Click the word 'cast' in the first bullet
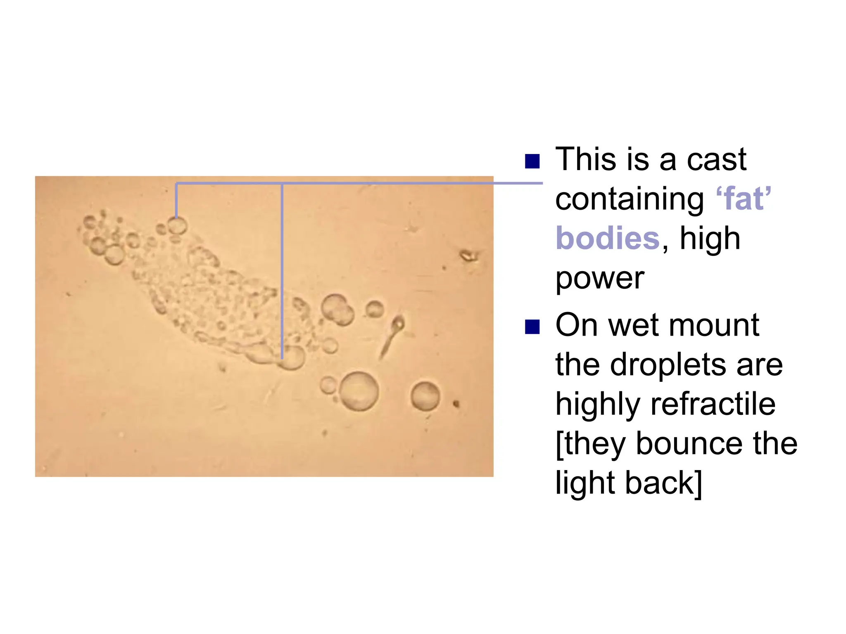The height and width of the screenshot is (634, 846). point(716,159)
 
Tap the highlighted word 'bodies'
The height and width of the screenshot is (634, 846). point(608,238)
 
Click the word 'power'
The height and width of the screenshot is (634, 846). point(600,279)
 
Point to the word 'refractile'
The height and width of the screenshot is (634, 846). point(713,404)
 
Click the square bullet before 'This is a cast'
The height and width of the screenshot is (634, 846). point(532,161)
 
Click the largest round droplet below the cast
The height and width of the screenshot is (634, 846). point(359,391)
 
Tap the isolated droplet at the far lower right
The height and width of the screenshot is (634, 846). point(425,396)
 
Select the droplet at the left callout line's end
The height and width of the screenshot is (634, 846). point(177,226)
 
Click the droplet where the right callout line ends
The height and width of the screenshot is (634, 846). point(293,357)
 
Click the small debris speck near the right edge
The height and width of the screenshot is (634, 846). point(469,256)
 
